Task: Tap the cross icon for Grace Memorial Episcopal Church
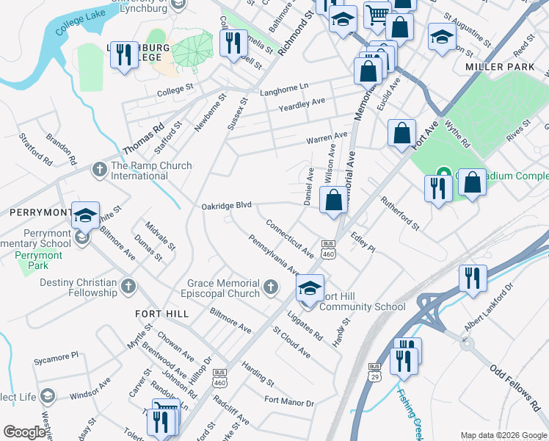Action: tap(272, 286)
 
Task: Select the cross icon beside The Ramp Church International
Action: tap(100, 171)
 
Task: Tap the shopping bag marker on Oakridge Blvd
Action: tap(333, 200)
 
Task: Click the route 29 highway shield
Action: tap(374, 371)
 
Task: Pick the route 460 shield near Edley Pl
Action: tap(328, 248)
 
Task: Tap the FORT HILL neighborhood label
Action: tap(161, 313)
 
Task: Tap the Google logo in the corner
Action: tap(25, 432)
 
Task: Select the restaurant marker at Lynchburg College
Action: tap(123, 54)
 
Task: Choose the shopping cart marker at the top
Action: tap(377, 14)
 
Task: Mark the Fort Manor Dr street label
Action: tap(288, 402)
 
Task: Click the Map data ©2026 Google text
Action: tap(503, 435)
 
